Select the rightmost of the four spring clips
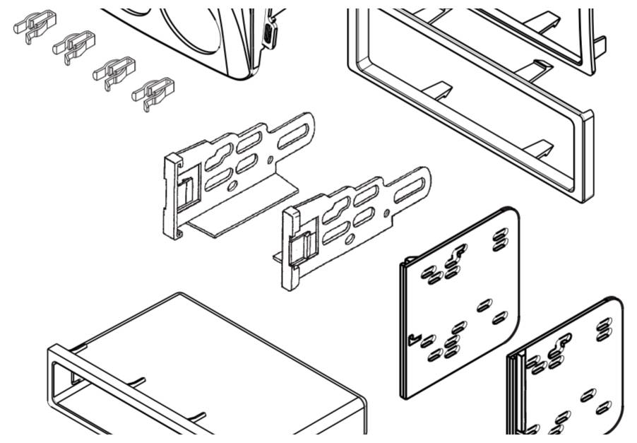pyautogui.click(x=153, y=93)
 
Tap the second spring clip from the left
pyautogui.click(x=73, y=47)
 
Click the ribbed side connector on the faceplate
pyautogui.click(x=269, y=32)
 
